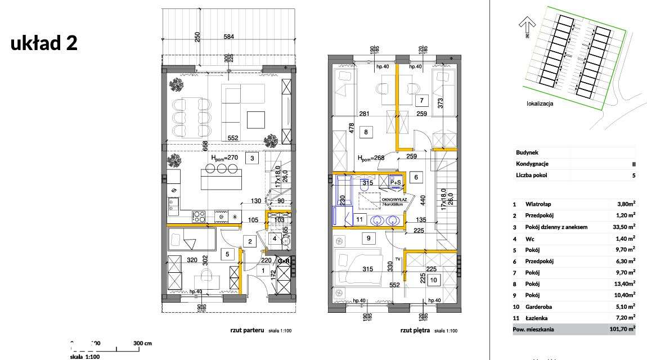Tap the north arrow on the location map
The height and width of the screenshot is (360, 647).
(x=527, y=26)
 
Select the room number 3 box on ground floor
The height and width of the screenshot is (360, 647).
(x=253, y=159)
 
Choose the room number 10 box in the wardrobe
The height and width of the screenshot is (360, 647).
(x=433, y=280)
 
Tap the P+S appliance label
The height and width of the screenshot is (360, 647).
(x=395, y=182)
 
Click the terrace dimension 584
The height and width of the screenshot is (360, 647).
(x=228, y=38)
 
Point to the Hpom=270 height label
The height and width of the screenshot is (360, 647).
(x=225, y=159)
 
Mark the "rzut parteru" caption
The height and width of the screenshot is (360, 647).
(x=246, y=331)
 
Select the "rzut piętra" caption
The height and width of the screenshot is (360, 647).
(x=415, y=331)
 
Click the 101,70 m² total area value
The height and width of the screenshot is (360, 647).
(x=621, y=329)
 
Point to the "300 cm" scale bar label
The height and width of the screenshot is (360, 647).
(x=142, y=343)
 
